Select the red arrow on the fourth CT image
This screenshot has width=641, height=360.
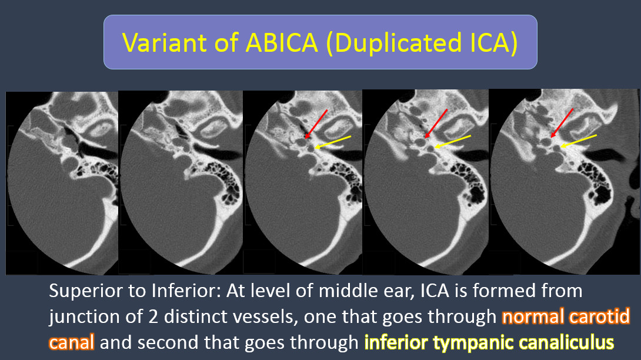click(x=435, y=124)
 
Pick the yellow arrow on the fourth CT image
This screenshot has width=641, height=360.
click(x=453, y=141)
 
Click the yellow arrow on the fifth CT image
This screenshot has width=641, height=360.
click(x=579, y=141)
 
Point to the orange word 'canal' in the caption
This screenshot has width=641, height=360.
click(x=71, y=342)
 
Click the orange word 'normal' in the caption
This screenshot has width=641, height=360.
click(x=533, y=316)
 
